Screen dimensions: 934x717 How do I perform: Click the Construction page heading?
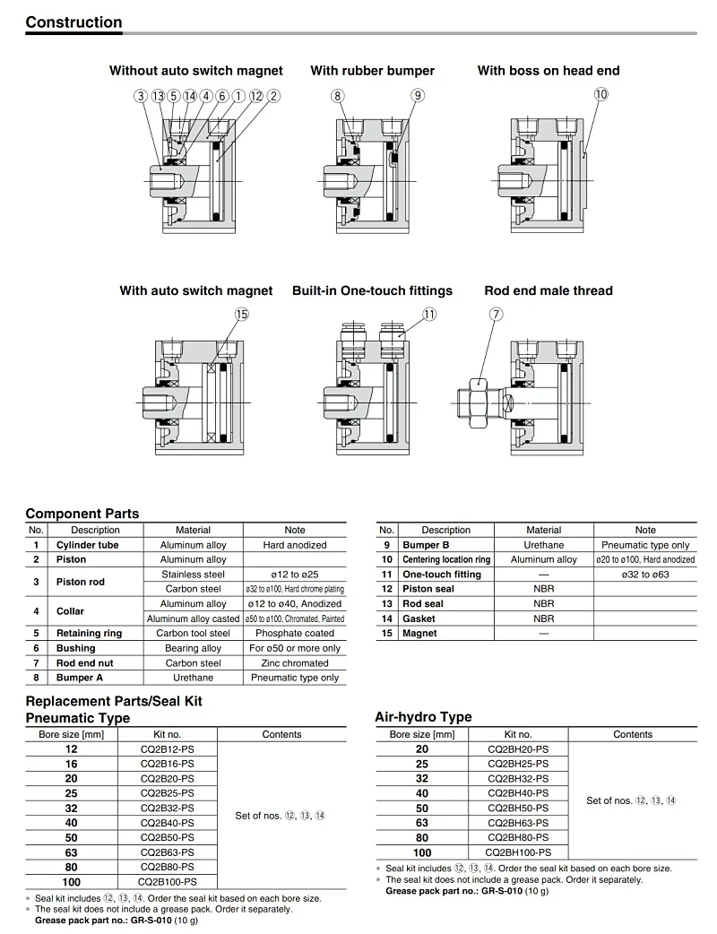(x=73, y=22)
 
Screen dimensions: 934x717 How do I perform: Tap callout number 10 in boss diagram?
(x=600, y=94)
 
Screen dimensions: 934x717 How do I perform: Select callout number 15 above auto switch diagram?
(x=241, y=314)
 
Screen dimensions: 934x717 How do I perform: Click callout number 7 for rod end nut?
(x=497, y=314)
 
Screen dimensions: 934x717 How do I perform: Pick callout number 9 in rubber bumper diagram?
(x=418, y=95)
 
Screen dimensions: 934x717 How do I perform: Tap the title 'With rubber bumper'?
(x=372, y=71)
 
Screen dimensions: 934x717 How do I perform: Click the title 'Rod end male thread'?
(x=548, y=290)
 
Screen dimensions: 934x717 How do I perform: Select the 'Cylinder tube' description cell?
(x=87, y=545)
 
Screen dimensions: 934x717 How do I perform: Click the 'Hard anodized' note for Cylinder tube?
(x=295, y=545)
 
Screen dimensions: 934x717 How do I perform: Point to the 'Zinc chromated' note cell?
(x=295, y=663)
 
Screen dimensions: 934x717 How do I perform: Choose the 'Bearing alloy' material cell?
(x=194, y=648)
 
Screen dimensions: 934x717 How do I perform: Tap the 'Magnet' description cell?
(x=419, y=633)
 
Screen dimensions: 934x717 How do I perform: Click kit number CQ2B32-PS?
(x=167, y=808)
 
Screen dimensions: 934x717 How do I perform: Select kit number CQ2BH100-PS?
(x=518, y=852)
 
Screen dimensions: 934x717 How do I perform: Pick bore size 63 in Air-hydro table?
(x=422, y=823)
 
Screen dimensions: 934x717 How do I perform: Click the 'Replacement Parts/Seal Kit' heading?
(x=114, y=701)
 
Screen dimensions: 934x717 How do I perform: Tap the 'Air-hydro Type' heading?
(x=422, y=717)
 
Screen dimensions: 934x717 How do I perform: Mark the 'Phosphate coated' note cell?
(x=295, y=633)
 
